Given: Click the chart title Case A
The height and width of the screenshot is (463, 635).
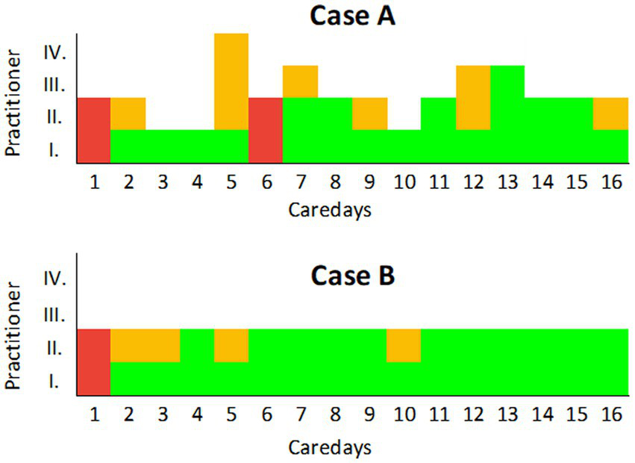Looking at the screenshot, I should (x=353, y=16).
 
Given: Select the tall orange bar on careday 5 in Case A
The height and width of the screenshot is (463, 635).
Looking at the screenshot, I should (x=231, y=81).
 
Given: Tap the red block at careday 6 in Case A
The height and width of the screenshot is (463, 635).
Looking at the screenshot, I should (x=266, y=130).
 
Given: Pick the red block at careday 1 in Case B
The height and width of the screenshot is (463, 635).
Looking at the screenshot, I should (x=93, y=361).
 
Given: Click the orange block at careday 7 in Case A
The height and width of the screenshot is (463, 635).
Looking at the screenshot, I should (x=300, y=81).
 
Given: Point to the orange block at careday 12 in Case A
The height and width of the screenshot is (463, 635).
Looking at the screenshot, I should (x=473, y=98).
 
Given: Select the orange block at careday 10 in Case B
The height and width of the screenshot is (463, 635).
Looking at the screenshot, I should (x=404, y=346).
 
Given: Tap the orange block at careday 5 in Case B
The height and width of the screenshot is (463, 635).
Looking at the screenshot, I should (x=231, y=346).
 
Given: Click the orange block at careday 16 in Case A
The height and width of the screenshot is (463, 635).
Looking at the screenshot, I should (x=611, y=114).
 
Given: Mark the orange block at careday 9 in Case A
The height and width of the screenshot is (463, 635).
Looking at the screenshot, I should (x=369, y=114).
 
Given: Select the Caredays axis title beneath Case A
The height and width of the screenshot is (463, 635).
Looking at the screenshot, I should (x=330, y=211).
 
